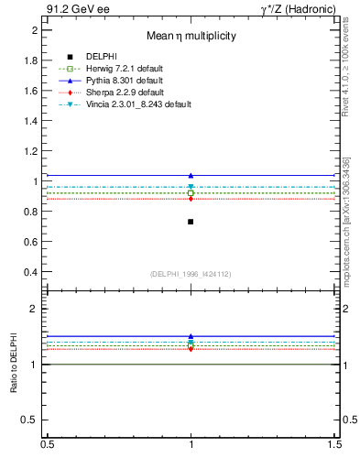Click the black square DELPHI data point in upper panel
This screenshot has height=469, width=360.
click(191, 222)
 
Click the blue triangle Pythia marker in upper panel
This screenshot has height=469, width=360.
click(191, 175)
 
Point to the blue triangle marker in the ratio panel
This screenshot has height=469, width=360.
click(191, 336)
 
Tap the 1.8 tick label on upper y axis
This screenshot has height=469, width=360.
click(33, 60)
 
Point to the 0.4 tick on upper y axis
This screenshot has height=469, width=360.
click(33, 272)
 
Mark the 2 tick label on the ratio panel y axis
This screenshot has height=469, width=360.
click(38, 309)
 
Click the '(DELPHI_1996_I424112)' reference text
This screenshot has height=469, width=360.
click(191, 272)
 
